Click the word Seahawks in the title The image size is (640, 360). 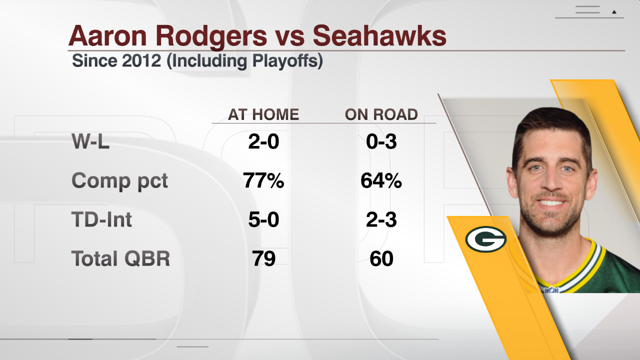379,35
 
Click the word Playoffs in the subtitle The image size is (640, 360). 284,61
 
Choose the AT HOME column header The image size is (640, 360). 263,114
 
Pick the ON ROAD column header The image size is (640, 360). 381,114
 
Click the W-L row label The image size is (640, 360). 90,141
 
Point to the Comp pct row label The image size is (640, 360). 119,180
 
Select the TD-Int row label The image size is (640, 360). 101,219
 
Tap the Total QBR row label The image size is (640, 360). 120,258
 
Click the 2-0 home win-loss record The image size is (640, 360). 263,141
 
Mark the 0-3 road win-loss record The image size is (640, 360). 381,141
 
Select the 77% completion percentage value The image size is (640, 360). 263,180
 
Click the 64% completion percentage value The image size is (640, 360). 381,180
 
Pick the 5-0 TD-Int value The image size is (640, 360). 263,219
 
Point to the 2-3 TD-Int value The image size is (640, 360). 381,219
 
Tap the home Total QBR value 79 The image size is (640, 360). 263,258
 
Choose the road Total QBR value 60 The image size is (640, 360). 381,258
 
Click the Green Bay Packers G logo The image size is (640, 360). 485,239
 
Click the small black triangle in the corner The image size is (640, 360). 614,12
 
